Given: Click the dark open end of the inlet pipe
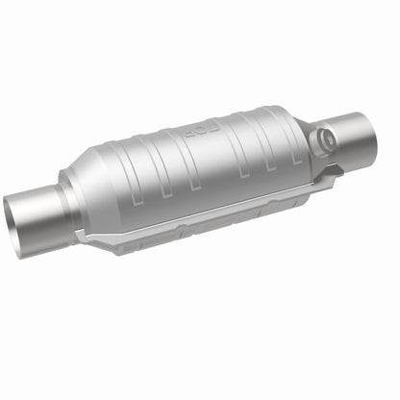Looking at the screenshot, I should click(21, 213).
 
